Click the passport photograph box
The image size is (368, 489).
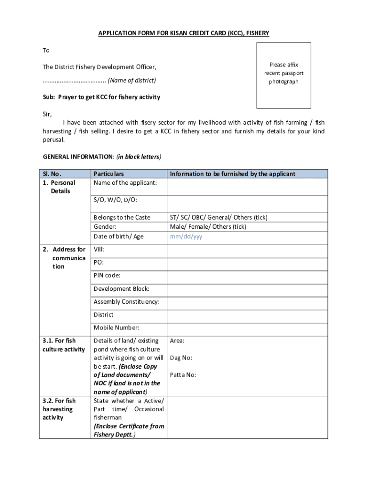click(284, 75)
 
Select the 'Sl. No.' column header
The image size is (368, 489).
click(52, 174)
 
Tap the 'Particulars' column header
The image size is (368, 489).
click(108, 174)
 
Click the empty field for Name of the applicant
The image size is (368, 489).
click(247, 186)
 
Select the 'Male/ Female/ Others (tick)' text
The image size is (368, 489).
click(208, 227)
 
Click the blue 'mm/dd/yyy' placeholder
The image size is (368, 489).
click(186, 236)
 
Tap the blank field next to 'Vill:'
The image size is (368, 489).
click(247, 251)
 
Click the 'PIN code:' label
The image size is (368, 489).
click(107, 276)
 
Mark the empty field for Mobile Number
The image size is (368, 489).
click(247, 330)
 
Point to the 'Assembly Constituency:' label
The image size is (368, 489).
click(127, 302)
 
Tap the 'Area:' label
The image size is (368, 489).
click(177, 340)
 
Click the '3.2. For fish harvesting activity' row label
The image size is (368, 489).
click(58, 409)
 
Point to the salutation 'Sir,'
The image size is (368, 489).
click(47, 114)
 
